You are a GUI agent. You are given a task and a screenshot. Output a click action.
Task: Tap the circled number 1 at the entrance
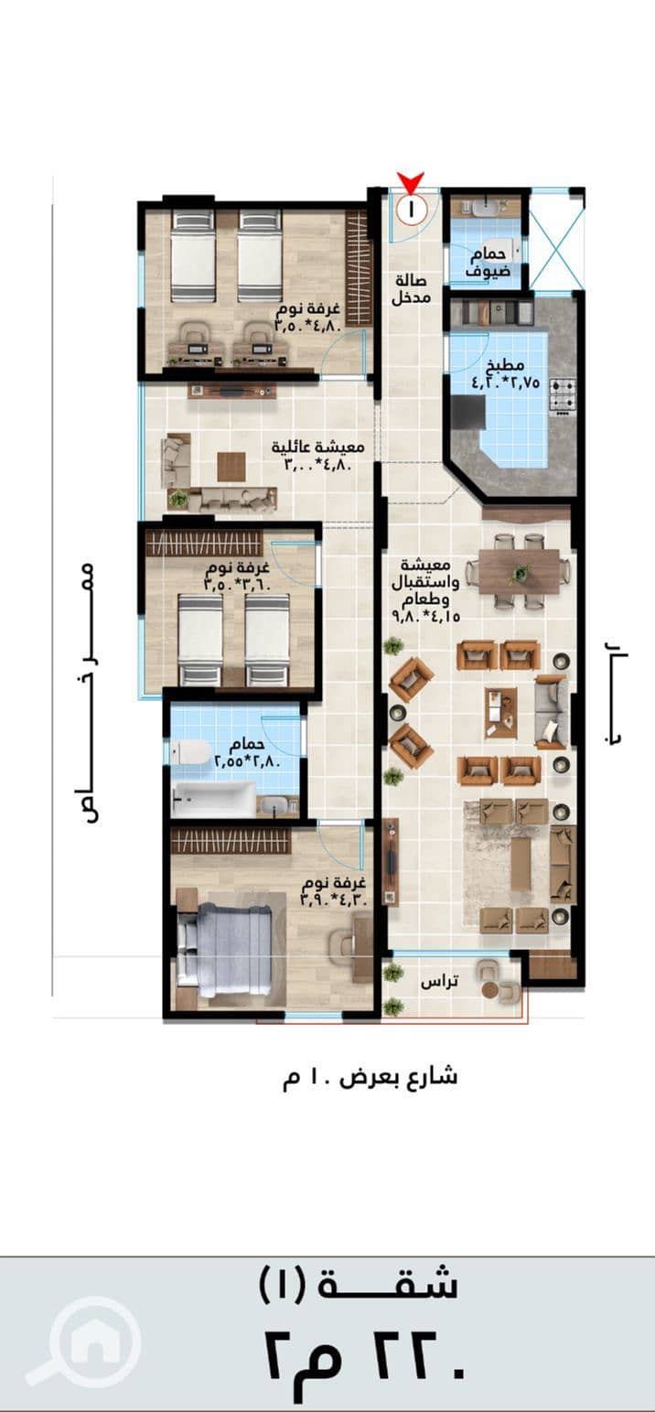[x=413, y=209]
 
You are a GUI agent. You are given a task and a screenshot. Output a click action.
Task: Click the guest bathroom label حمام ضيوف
[x=489, y=263]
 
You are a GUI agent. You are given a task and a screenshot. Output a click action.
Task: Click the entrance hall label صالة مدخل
[x=411, y=288]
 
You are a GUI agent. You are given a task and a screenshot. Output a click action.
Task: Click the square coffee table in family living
[x=231, y=467]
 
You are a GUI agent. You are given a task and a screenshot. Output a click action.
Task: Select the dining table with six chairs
[x=519, y=571]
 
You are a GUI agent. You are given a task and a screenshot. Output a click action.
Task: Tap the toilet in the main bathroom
[x=191, y=751]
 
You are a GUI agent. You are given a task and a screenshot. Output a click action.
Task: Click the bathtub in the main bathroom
[x=213, y=799]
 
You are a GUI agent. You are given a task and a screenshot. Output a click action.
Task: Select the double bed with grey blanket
[x=226, y=951]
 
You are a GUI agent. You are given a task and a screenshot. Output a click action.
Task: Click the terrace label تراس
[x=440, y=982]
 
